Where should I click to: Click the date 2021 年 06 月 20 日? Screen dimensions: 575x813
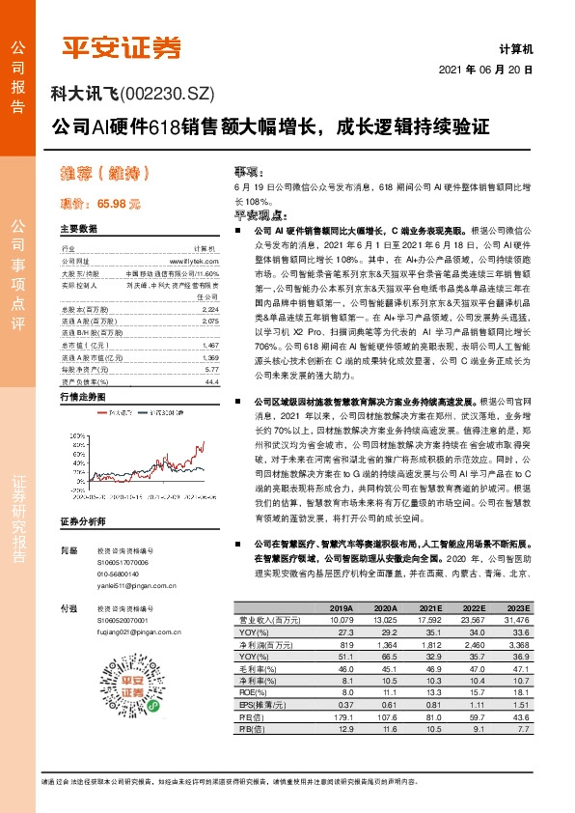[x=485, y=71]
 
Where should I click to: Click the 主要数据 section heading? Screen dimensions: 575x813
[x=79, y=229]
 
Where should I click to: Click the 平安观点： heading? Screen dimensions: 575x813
[x=261, y=217]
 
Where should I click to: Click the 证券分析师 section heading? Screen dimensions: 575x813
[x=81, y=521]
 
